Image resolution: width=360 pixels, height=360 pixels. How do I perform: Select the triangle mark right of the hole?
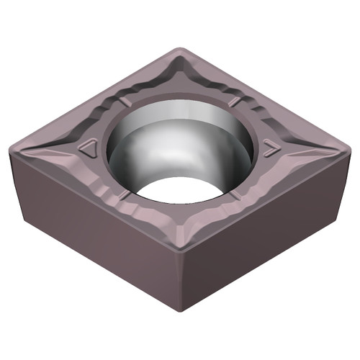(x=271, y=150)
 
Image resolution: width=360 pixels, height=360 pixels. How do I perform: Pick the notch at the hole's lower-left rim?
(x=127, y=196)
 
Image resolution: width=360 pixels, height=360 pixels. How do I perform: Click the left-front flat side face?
(x=94, y=223)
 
